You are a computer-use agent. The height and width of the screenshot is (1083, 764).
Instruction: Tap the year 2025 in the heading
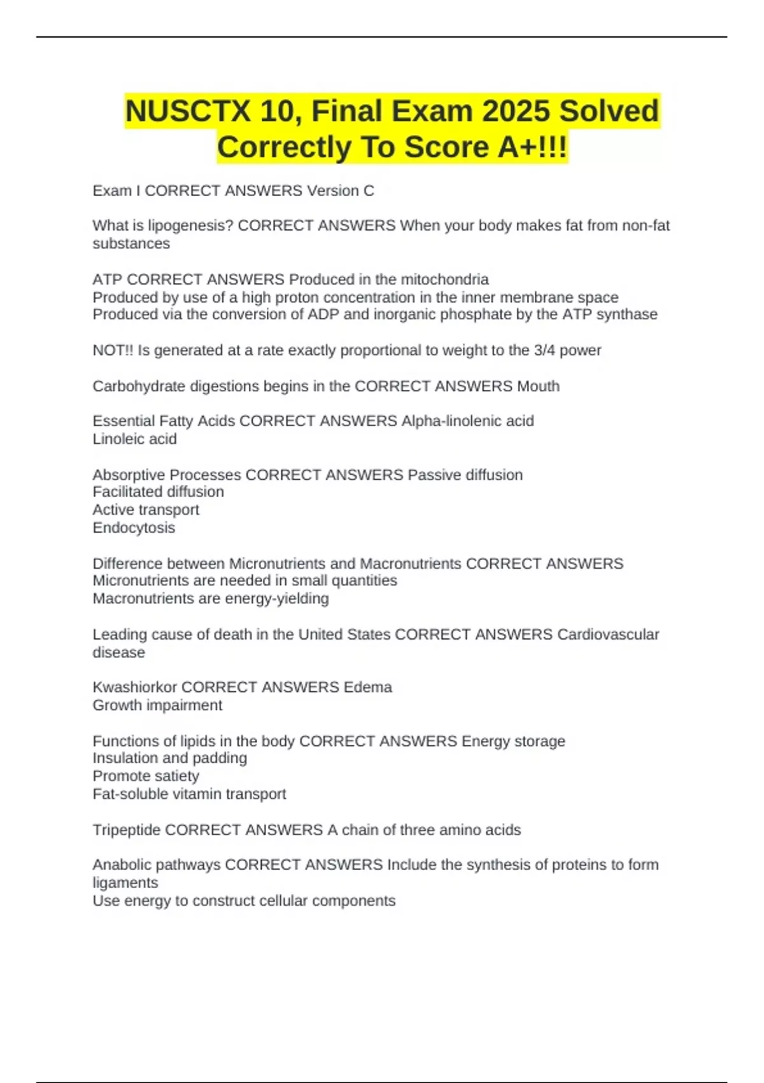click(516, 111)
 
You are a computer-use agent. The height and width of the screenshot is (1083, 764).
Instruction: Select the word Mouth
click(538, 386)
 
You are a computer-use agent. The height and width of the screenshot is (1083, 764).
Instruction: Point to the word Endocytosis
click(134, 528)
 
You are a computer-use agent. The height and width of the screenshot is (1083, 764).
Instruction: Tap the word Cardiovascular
click(608, 635)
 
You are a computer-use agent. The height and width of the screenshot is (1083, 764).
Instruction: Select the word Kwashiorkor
click(134, 687)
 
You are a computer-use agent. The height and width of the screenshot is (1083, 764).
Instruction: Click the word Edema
click(367, 687)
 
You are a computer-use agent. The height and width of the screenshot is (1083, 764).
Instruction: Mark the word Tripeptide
click(127, 830)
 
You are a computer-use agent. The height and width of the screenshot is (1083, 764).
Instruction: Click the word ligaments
click(125, 883)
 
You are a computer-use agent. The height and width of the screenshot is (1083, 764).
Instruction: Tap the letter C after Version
click(369, 191)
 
